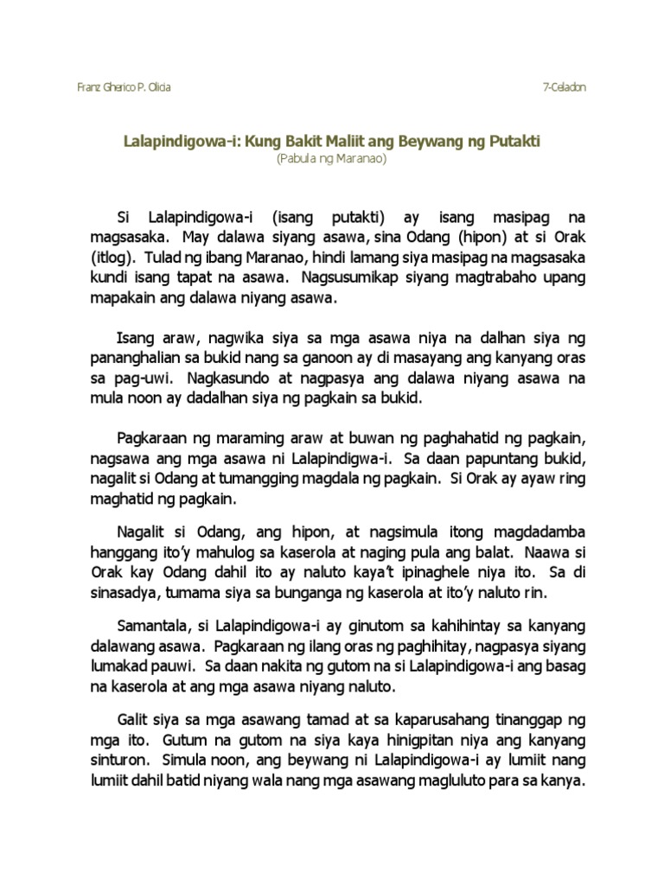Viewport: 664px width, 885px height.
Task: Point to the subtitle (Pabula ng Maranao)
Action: point(331,159)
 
